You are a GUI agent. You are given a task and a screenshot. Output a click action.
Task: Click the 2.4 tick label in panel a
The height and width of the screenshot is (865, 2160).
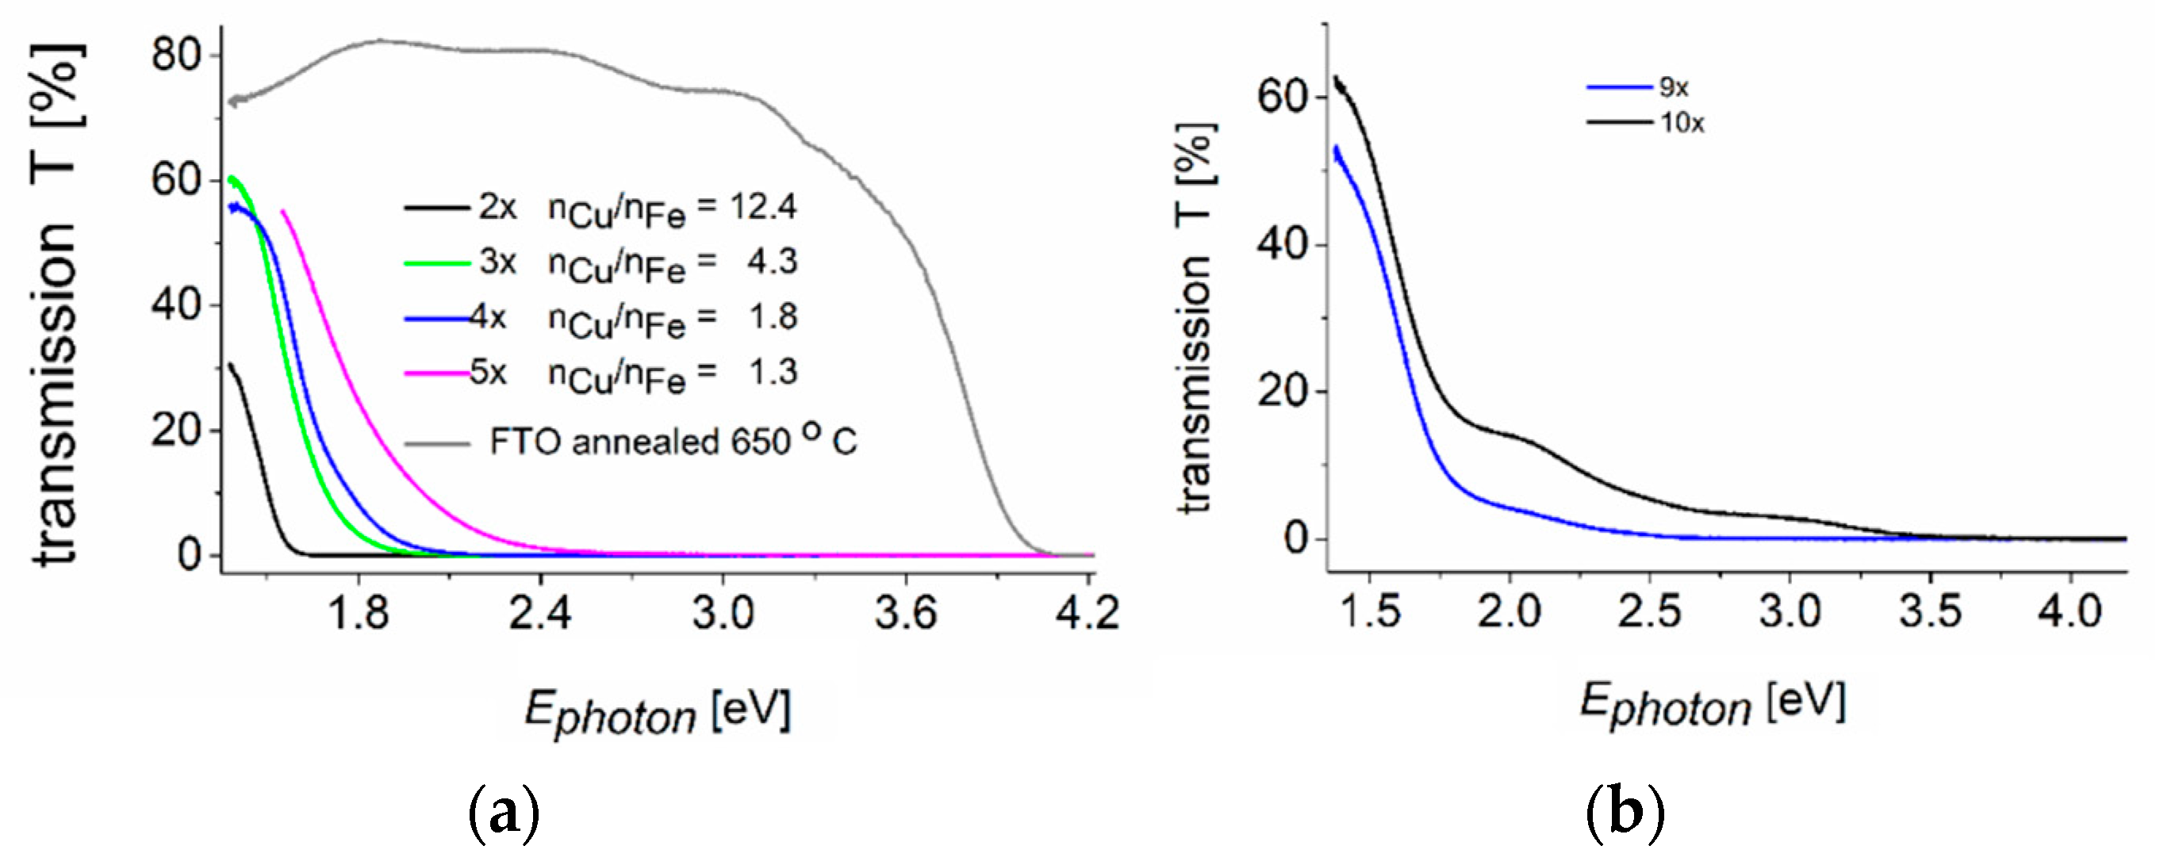click(x=540, y=614)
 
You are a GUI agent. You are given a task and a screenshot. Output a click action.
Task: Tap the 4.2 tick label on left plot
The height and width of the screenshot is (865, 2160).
click(x=1088, y=614)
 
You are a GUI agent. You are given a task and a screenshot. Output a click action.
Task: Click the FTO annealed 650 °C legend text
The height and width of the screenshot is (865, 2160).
click(x=673, y=442)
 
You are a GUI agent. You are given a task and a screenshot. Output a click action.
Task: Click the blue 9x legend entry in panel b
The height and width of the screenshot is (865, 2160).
click(x=1635, y=87)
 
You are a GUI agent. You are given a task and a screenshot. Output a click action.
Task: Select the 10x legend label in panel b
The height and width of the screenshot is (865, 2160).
click(x=1681, y=124)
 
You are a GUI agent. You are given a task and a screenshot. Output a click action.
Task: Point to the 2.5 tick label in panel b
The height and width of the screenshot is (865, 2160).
click(x=1649, y=613)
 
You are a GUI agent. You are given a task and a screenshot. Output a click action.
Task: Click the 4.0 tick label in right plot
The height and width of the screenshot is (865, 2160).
click(x=2070, y=613)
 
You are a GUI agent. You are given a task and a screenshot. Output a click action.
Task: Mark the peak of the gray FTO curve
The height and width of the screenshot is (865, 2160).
click(x=379, y=40)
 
